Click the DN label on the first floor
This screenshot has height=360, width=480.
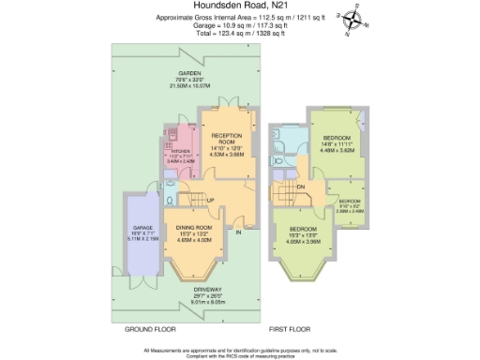pos(301,187)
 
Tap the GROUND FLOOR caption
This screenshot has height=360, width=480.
pos(151,330)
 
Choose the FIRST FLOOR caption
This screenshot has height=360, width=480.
pos(291,330)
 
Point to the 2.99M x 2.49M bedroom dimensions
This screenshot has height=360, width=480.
pos(350,211)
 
